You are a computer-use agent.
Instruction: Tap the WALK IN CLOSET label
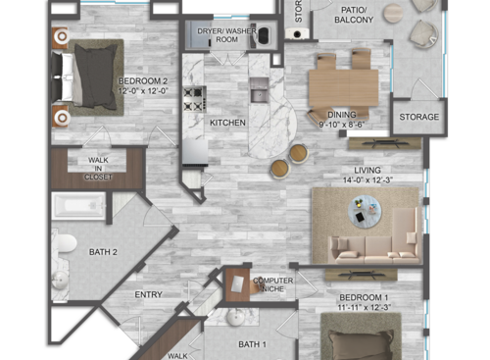(98, 168)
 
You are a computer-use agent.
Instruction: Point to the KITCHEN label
(226, 123)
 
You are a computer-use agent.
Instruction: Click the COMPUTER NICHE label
(273, 283)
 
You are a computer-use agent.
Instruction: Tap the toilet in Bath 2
(65, 242)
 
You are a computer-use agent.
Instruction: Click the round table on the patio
(393, 13)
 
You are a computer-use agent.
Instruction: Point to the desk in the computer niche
(239, 284)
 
